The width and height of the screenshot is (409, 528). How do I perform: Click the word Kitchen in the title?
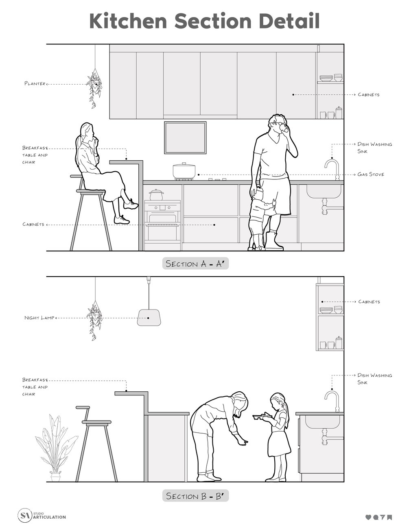pyautogui.click(x=128, y=21)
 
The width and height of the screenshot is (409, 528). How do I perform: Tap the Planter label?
pyautogui.click(x=35, y=83)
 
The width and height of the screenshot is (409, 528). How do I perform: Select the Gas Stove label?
pyautogui.click(x=371, y=174)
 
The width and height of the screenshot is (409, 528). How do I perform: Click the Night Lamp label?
pyautogui.click(x=39, y=318)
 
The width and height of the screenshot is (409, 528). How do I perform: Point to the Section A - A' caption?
pyautogui.click(x=195, y=264)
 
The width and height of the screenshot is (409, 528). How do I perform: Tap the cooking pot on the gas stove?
pyautogui.click(x=184, y=170)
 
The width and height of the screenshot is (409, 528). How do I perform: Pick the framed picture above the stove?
pyautogui.click(x=185, y=137)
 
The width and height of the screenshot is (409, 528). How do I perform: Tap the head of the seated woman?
pyautogui.click(x=87, y=131)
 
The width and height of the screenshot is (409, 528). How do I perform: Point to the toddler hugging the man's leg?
pyautogui.click(x=258, y=218)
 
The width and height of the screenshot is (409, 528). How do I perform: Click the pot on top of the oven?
pyautogui.click(x=156, y=195)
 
